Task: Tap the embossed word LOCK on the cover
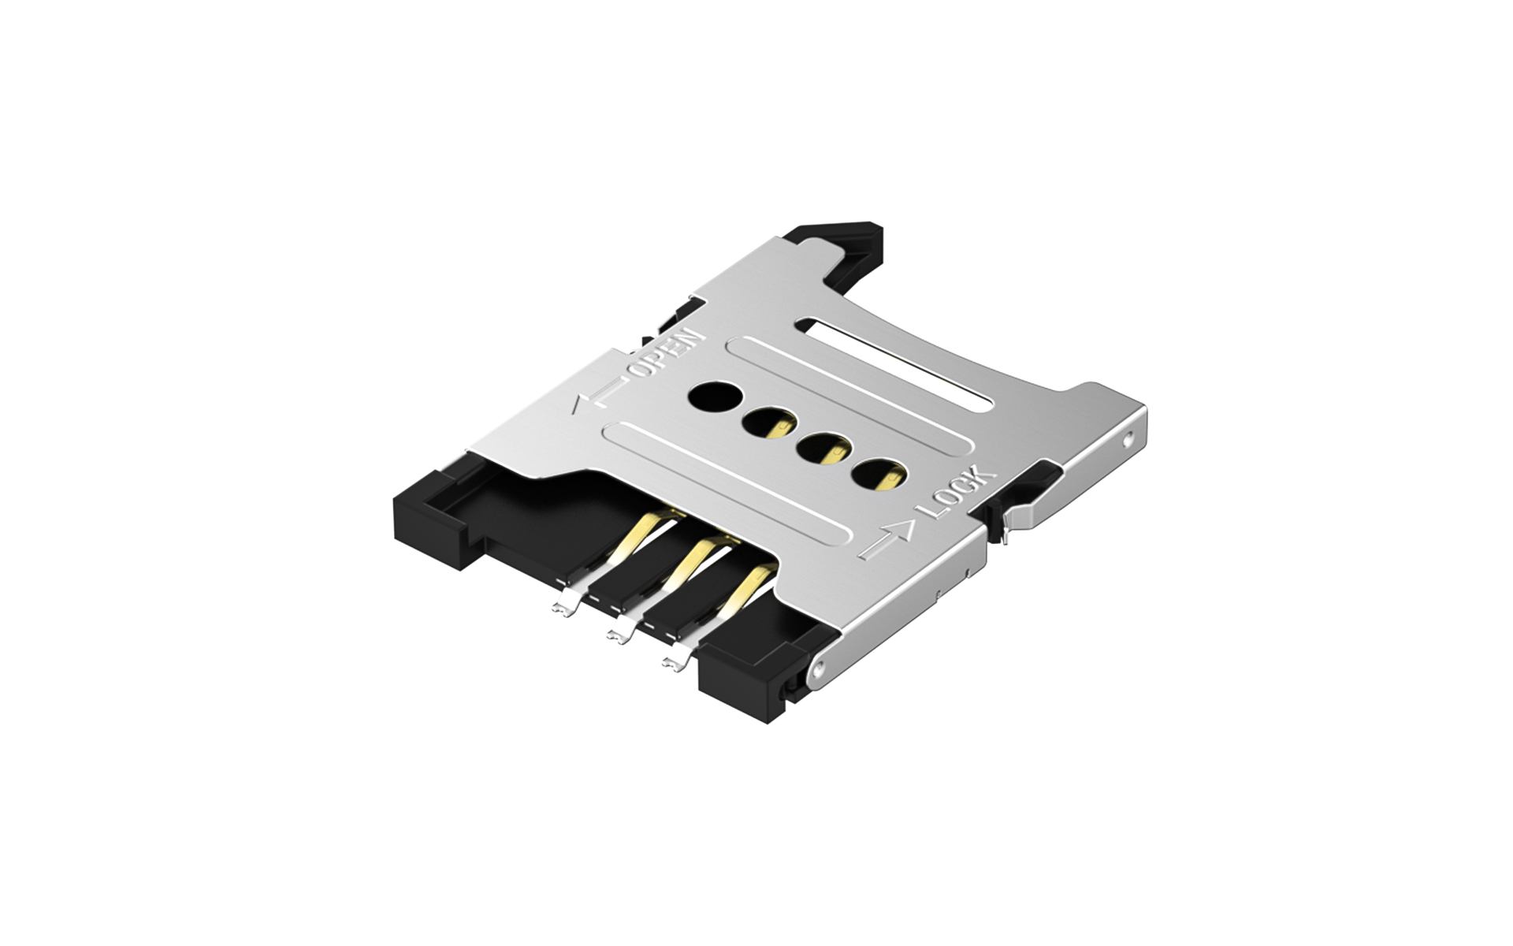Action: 960,492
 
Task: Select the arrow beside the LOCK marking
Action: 889,538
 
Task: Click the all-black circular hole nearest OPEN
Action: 711,398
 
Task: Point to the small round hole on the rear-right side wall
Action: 1129,434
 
